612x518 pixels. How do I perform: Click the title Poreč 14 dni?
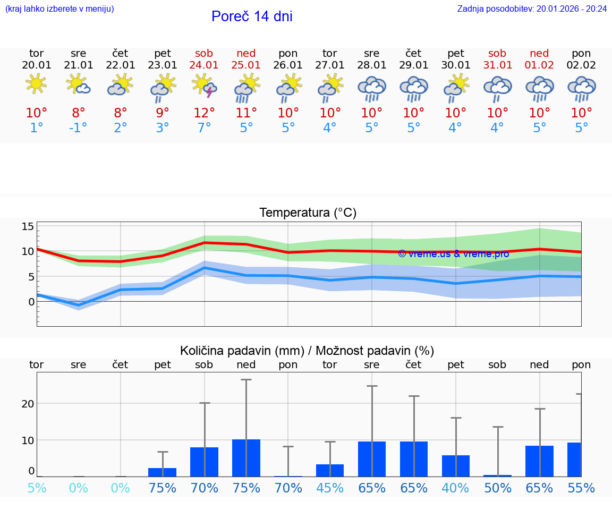click(252, 16)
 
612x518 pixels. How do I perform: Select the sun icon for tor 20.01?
click(36, 84)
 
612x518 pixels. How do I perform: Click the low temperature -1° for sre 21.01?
click(78, 128)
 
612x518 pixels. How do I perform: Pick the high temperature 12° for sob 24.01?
click(204, 113)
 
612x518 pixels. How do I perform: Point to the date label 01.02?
click(539, 65)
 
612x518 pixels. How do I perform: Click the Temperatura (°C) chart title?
click(308, 213)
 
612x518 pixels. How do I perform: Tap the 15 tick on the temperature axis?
click(28, 227)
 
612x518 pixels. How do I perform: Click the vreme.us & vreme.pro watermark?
click(453, 254)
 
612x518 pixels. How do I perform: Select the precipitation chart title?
click(307, 351)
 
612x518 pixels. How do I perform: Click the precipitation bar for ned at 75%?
click(246, 458)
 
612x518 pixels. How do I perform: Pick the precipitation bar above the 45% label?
click(330, 470)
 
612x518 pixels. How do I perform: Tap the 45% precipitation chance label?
click(330, 488)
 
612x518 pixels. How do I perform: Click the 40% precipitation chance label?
click(455, 488)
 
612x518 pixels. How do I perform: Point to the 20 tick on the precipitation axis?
click(28, 403)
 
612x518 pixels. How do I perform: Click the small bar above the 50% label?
click(498, 475)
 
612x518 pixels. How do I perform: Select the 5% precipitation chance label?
click(36, 488)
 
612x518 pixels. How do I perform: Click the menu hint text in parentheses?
click(59, 9)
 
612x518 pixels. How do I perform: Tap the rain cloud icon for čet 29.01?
click(413, 88)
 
